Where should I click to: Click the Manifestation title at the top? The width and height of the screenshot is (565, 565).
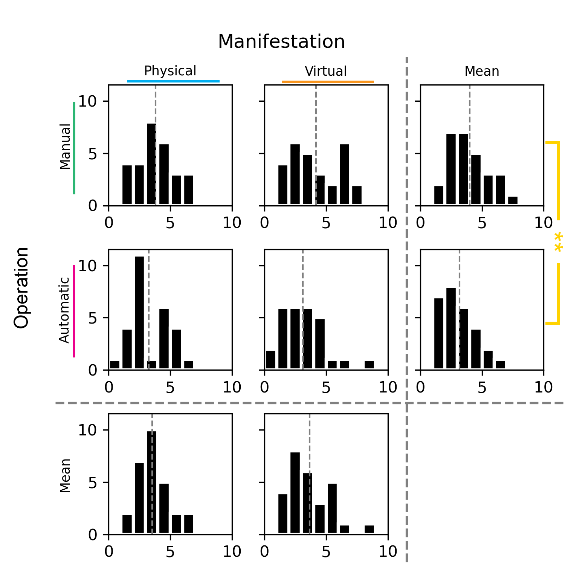pos(281,41)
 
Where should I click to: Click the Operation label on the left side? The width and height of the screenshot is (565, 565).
pos(21,288)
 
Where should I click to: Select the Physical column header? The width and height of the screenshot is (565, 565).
pos(170,71)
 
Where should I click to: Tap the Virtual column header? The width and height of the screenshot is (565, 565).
pos(325,71)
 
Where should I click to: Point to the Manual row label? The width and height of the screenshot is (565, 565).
pos(65,147)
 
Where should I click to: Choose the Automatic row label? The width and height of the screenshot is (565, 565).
pos(64,310)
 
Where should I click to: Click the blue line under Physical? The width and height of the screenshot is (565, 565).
pos(173,81)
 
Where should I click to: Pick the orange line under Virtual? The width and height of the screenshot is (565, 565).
pos(328,82)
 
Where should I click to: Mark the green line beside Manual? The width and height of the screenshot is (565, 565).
pos(74,148)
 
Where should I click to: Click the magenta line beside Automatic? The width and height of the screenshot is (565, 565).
pos(74,311)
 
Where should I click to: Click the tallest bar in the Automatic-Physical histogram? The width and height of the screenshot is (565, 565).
pos(139,313)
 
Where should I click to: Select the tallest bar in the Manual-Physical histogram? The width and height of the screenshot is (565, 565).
pos(151,164)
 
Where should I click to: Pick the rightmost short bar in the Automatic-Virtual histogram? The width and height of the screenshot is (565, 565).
pos(369,365)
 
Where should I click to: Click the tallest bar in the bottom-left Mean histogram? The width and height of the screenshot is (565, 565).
pos(151,482)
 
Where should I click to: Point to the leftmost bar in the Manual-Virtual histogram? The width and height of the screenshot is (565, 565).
pos(283,185)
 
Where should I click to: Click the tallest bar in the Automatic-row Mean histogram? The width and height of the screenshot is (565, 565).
pos(451,328)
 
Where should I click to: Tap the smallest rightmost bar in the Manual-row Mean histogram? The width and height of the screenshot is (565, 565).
pos(513,200)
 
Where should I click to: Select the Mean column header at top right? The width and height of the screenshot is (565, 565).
pos(482,71)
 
